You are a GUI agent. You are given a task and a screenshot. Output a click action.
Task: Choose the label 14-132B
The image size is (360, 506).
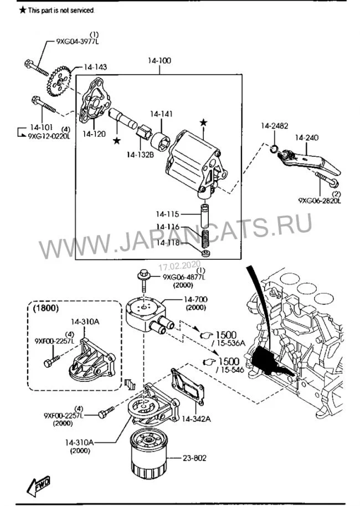point(139,154)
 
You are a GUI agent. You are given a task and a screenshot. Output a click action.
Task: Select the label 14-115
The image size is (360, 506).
point(167,213)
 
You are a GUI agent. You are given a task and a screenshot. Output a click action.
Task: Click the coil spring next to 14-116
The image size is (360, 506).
point(205,237)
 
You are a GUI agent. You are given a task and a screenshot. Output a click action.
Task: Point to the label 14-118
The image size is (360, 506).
point(167,242)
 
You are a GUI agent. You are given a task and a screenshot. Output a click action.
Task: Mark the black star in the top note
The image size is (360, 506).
point(22,10)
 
